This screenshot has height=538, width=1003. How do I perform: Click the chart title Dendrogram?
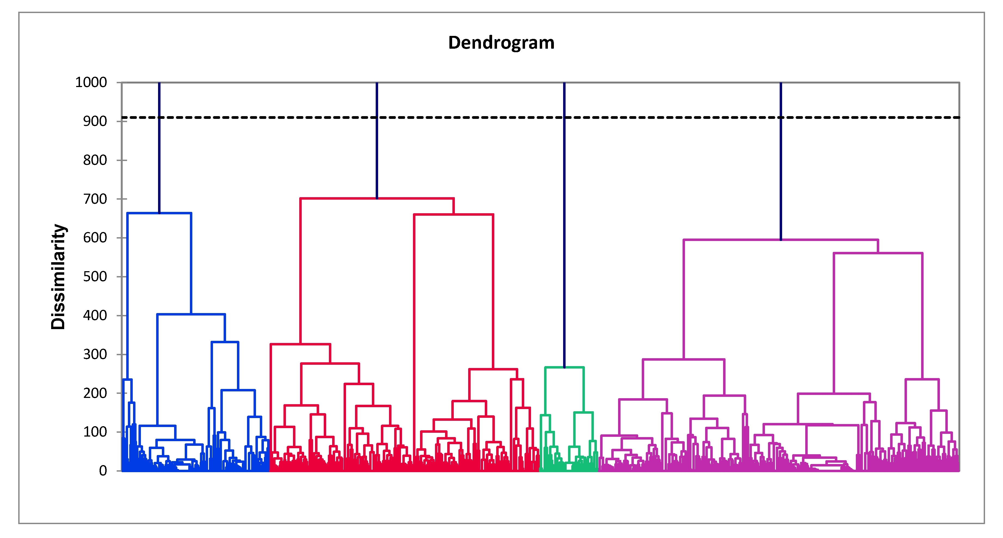point(501,42)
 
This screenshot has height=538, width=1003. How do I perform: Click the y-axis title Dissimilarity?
point(58,277)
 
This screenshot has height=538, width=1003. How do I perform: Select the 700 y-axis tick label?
point(95,199)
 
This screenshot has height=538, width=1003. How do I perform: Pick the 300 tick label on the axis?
point(95,354)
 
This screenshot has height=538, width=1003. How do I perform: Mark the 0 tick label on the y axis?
point(103,471)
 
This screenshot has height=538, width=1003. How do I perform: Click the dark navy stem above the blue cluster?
point(159,163)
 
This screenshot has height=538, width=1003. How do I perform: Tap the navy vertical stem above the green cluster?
point(564,241)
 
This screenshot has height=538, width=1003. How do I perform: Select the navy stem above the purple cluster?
point(781,175)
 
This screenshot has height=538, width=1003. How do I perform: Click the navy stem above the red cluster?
point(377,156)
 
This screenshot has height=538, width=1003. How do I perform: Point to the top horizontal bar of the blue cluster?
point(159,213)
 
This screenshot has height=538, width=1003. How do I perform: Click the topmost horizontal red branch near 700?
point(377,199)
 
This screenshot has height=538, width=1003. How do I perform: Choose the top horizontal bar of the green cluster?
point(564,367)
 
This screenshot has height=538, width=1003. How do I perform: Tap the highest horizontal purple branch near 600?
point(781,240)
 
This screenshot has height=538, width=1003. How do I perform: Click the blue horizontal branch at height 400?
point(191,314)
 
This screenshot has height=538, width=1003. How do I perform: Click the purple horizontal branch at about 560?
point(878,253)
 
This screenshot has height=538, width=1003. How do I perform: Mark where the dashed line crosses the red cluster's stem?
point(377,117)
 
